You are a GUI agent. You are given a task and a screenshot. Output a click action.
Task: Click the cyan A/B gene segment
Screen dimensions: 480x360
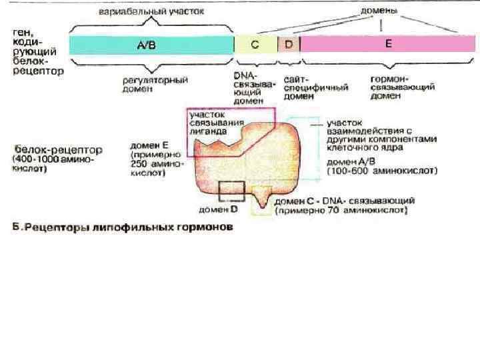[151, 45]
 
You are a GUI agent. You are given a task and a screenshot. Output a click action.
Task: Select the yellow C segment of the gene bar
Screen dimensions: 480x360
[255, 45]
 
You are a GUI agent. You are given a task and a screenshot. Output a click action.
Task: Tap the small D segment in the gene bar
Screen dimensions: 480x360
[289, 45]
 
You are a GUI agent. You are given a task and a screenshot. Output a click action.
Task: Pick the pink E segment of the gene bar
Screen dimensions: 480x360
[388, 45]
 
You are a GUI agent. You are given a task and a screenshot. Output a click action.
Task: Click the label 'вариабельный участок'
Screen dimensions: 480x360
[151, 12]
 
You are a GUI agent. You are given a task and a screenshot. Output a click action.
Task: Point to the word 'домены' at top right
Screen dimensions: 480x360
[379, 11]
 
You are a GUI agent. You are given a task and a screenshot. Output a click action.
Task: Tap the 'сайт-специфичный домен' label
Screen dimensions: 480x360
[307, 87]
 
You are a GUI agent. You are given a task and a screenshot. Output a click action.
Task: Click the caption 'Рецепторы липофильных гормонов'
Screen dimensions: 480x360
[131, 228]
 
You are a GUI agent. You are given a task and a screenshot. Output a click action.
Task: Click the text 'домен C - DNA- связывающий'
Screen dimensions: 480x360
[345, 200]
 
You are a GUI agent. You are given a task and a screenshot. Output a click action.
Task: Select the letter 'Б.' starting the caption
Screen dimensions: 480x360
[20, 228]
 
